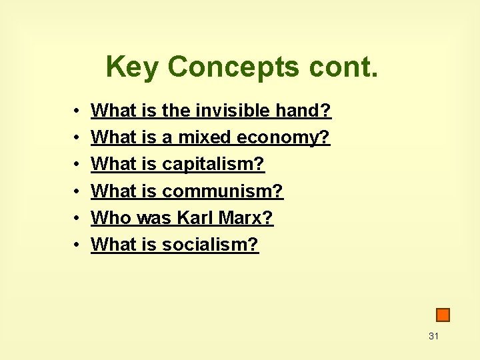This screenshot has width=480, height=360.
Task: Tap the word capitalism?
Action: pyautogui.click(x=213, y=164)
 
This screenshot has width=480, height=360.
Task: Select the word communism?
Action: pyautogui.click(x=223, y=191)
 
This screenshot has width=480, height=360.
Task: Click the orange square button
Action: pyautogui.click(x=443, y=315)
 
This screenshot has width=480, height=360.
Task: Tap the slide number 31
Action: pyautogui.click(x=433, y=336)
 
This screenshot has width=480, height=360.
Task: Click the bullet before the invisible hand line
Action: pyautogui.click(x=77, y=111)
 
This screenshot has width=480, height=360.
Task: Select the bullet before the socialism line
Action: pyautogui.click(x=77, y=245)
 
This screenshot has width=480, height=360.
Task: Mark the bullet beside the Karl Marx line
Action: pyautogui.click(x=77, y=219)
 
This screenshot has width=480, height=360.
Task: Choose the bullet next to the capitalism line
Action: pyautogui.click(x=77, y=165)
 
